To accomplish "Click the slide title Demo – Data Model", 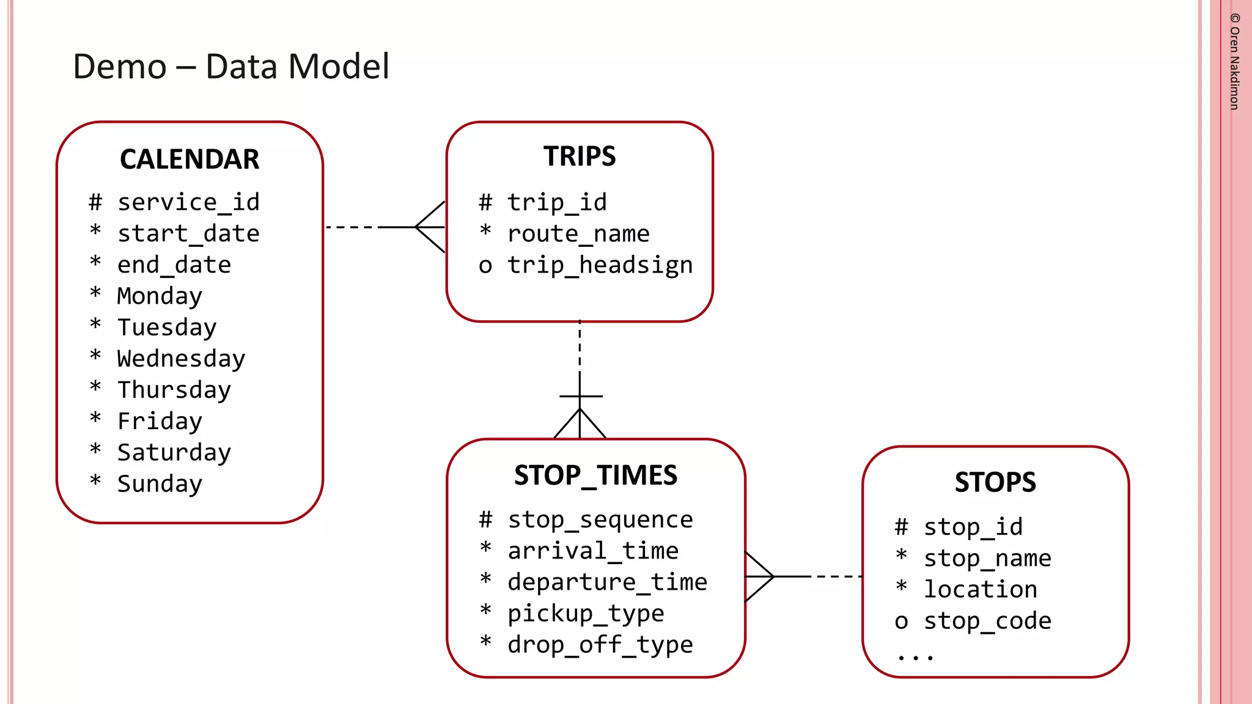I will [230, 67].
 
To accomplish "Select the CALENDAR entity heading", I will [190, 159].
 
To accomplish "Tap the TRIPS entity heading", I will [580, 156].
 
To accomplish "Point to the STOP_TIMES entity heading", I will [595, 475].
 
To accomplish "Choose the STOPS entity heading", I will [995, 482].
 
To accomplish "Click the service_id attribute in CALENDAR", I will [188, 202].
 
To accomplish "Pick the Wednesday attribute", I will [181, 359].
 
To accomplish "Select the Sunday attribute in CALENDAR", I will [160, 484].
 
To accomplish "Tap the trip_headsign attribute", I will [600, 265].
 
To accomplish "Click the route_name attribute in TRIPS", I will [578, 234].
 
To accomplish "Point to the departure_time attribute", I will [607, 582].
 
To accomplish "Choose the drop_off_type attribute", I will [600, 645].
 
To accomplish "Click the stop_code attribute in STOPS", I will [987, 621].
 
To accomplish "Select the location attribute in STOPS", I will [980, 590].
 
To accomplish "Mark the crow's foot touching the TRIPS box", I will [431, 227].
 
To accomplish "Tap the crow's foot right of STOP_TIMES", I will [759, 576].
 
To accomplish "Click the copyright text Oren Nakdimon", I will [1234, 62].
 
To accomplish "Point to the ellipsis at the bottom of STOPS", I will [915, 658].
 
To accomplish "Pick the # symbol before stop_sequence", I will [485, 520].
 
